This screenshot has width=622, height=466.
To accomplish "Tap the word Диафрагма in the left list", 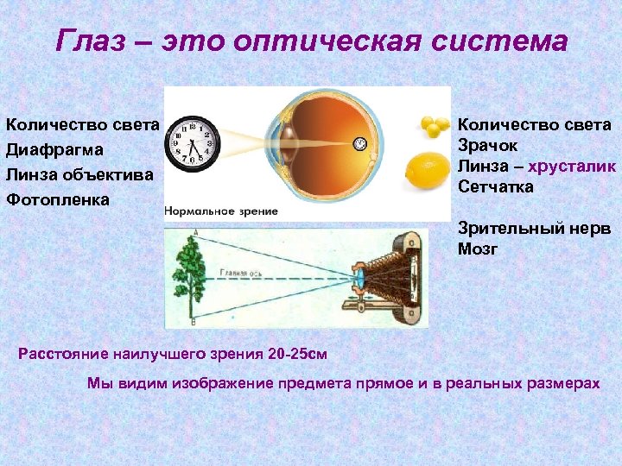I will [x=54, y=149].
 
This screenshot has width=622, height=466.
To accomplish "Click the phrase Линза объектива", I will [x=79, y=174].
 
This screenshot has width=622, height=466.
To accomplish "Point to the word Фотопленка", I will [x=58, y=199].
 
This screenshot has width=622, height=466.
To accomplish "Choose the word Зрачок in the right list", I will [x=488, y=146].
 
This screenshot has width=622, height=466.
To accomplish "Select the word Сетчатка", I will [x=496, y=186].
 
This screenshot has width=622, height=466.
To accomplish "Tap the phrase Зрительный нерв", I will [x=534, y=229].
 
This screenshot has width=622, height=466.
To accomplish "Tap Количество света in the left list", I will [x=82, y=125].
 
